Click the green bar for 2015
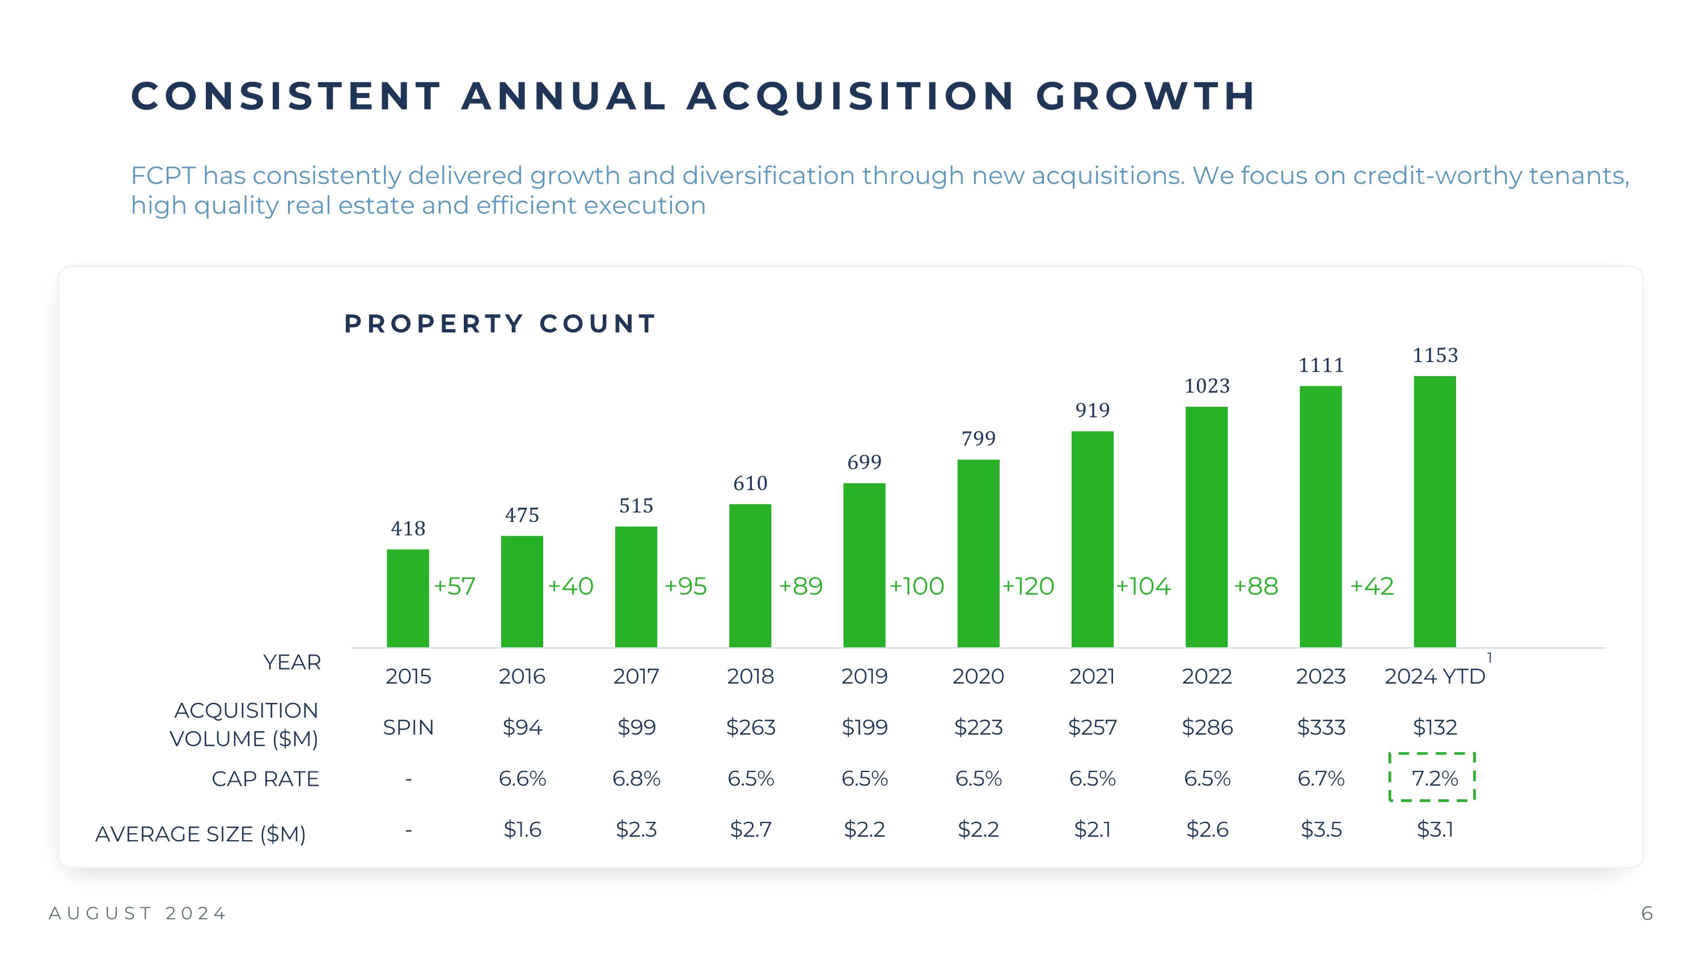(x=408, y=598)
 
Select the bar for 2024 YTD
(x=1435, y=512)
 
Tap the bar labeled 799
(x=978, y=554)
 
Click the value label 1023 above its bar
(x=1207, y=386)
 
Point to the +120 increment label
(x=1028, y=587)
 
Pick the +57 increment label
(x=454, y=587)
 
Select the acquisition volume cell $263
(x=750, y=727)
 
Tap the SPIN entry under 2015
(x=408, y=727)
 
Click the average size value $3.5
(x=1321, y=829)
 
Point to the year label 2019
(x=864, y=676)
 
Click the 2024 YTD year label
(x=1435, y=676)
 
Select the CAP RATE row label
(x=265, y=779)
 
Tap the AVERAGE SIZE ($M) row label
(x=200, y=834)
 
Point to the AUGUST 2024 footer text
(x=137, y=913)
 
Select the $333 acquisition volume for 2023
(x=1321, y=727)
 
